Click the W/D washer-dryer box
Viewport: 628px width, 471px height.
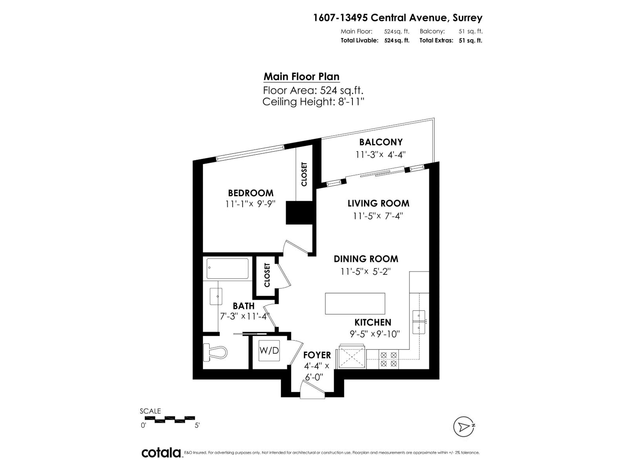[269, 351]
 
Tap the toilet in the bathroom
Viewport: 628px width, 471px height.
[215, 352]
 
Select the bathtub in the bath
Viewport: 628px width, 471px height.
[228, 268]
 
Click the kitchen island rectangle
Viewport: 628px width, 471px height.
[355, 303]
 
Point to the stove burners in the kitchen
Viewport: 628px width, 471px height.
[389, 359]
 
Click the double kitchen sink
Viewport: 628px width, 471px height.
[419, 321]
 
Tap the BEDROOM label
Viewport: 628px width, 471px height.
[250, 193]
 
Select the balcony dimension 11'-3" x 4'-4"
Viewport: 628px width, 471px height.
[380, 155]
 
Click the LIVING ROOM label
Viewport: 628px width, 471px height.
[378, 203]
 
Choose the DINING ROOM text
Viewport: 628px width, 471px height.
[366, 259]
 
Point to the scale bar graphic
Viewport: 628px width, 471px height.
[170, 419]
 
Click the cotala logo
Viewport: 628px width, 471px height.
[161, 453]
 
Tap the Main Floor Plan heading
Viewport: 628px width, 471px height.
[301, 77]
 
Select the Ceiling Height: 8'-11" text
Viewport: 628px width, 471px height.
[313, 102]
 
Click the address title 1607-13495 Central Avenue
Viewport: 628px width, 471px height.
[398, 18]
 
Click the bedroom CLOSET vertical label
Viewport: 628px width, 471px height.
[304, 174]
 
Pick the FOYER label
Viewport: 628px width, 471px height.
[317, 355]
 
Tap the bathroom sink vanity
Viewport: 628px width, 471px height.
[216, 296]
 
